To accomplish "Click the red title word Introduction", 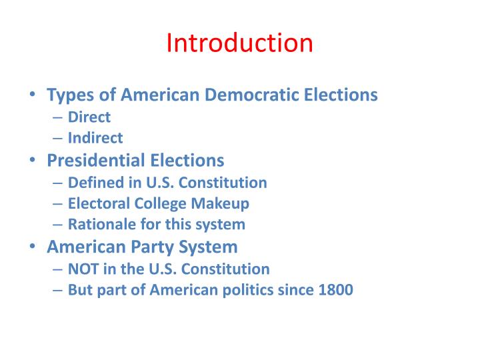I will (239, 43).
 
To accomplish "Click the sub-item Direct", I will (89, 117).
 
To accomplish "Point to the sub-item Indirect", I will (95, 138).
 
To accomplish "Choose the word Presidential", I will (96, 160).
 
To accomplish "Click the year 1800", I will (336, 290).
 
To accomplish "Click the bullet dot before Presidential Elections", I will (33, 161).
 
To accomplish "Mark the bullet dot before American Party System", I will (33, 247).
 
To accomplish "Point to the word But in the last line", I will (81, 290).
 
